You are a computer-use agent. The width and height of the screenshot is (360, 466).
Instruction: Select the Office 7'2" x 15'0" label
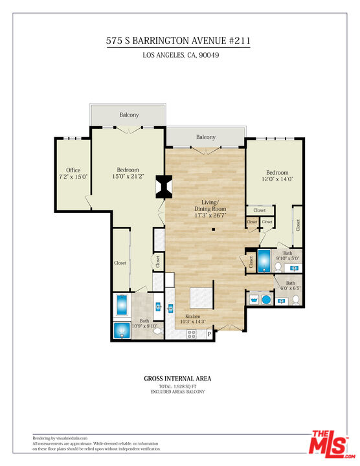point(73,173)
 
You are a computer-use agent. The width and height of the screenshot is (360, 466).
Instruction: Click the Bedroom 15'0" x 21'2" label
point(128,173)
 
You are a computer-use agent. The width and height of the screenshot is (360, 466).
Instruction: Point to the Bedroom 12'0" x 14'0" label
point(276,176)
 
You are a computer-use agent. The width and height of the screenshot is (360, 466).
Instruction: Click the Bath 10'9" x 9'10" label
point(144,324)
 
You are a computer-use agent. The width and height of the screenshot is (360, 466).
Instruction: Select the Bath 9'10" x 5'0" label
point(287,256)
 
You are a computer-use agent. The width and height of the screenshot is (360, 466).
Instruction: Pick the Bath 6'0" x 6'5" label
point(291,285)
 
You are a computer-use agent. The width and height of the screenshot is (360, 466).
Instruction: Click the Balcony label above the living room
point(206,137)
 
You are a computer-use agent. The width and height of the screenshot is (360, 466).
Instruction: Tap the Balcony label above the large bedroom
point(129,115)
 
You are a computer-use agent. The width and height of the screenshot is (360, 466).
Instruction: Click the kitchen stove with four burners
point(192,334)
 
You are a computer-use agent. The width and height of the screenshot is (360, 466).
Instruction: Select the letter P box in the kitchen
point(209,334)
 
